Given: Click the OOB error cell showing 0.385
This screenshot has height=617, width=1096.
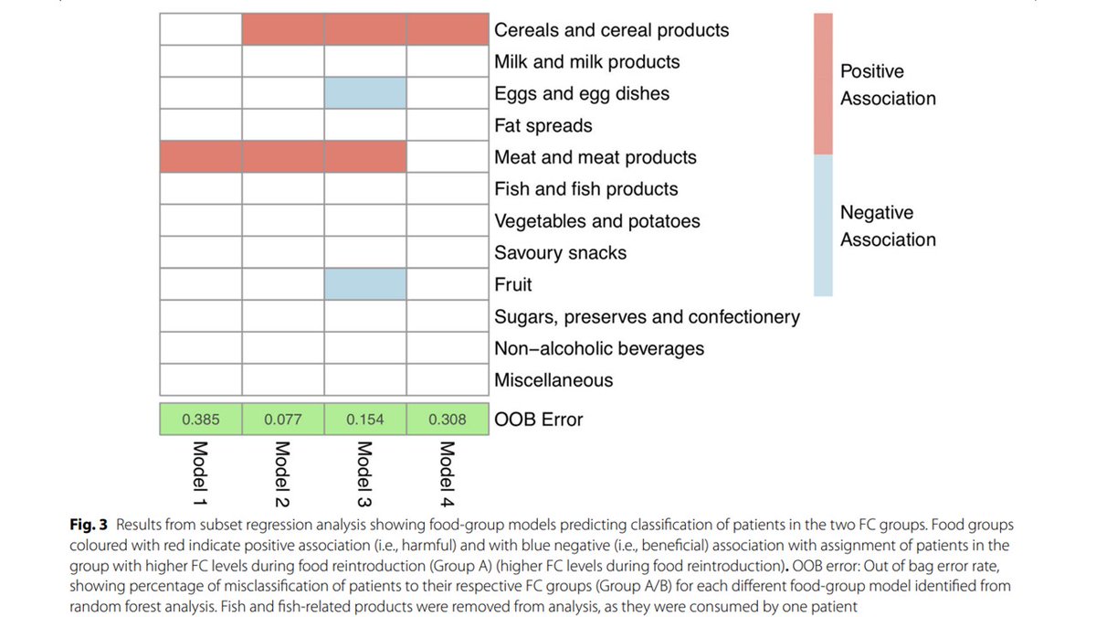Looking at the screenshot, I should pos(201,420).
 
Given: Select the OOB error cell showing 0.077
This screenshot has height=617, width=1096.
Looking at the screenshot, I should pos(283,420).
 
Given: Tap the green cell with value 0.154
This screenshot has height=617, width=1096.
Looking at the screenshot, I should pos(365,420).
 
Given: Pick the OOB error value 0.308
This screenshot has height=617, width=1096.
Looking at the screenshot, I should pos(448,420).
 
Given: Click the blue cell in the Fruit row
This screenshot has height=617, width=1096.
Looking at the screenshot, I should pos(365,284).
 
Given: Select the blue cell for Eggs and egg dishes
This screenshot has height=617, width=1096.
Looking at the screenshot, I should pos(365,93).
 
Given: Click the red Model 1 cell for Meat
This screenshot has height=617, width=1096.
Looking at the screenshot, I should pos(201,157).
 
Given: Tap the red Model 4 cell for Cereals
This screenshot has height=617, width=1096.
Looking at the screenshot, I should pos(448,29).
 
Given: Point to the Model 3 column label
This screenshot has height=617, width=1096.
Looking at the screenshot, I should pos(364,473).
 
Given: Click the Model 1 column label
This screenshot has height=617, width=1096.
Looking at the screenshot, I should pos(200,473).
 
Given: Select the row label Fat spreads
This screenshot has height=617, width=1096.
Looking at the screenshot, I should pos(543,125).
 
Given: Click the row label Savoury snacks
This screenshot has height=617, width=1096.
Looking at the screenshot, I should pos(560,253).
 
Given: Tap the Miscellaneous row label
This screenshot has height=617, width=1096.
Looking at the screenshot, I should pos(553,380).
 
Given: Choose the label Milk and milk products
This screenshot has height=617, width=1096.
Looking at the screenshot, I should pos(586,61).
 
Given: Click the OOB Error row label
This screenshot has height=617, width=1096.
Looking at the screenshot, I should pos(538,420).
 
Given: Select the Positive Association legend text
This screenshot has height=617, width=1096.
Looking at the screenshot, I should pos(887,84).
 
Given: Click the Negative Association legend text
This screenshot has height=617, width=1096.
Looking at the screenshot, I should pos(887,226).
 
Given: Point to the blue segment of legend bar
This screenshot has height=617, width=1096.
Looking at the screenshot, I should pos(823,225).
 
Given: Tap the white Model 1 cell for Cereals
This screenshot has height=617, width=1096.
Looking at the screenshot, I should pos(201,29).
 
